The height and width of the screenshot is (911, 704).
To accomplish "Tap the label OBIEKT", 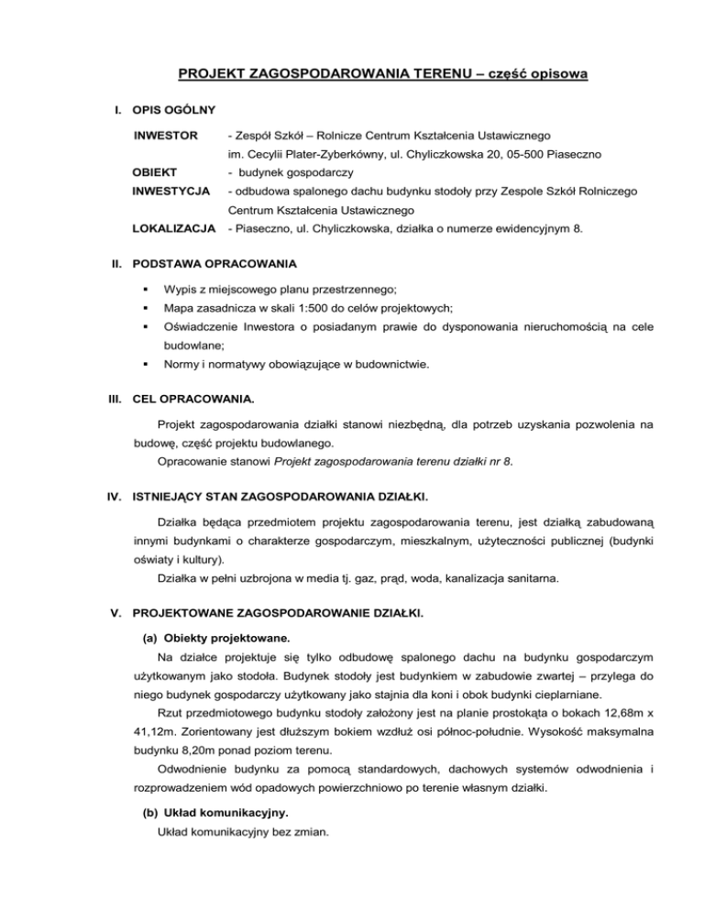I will point(158,171).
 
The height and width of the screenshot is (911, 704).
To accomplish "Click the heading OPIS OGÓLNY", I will point(173,110).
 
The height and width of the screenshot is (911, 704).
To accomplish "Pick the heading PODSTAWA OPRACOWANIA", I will point(214,264).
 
